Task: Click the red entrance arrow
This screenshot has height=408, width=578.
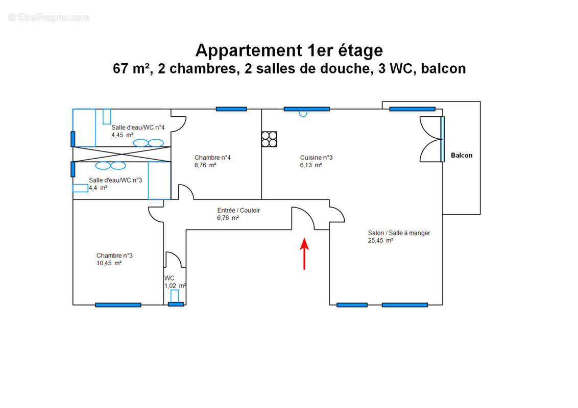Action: [304, 253]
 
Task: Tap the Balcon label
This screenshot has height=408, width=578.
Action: [462, 156]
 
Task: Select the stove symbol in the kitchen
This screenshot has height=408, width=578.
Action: [269, 139]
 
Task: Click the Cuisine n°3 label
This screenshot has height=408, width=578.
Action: [316, 158]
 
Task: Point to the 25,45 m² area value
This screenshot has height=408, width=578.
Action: [380, 241]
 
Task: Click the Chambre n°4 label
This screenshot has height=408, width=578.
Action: [212, 158]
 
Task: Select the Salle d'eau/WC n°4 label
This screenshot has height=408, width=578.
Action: [138, 127]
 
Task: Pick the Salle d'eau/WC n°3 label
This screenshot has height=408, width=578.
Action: [115, 180]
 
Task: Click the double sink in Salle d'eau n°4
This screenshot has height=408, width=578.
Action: [149, 143]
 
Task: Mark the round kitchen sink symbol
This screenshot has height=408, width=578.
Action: [303, 113]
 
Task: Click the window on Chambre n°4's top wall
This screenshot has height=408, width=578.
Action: [231, 109]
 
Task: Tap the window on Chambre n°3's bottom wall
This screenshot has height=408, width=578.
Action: [118, 305]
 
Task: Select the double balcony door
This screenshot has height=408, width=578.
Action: [431, 139]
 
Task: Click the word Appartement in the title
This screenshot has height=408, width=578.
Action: [248, 50]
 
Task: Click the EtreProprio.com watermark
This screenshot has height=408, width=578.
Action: [49, 17]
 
